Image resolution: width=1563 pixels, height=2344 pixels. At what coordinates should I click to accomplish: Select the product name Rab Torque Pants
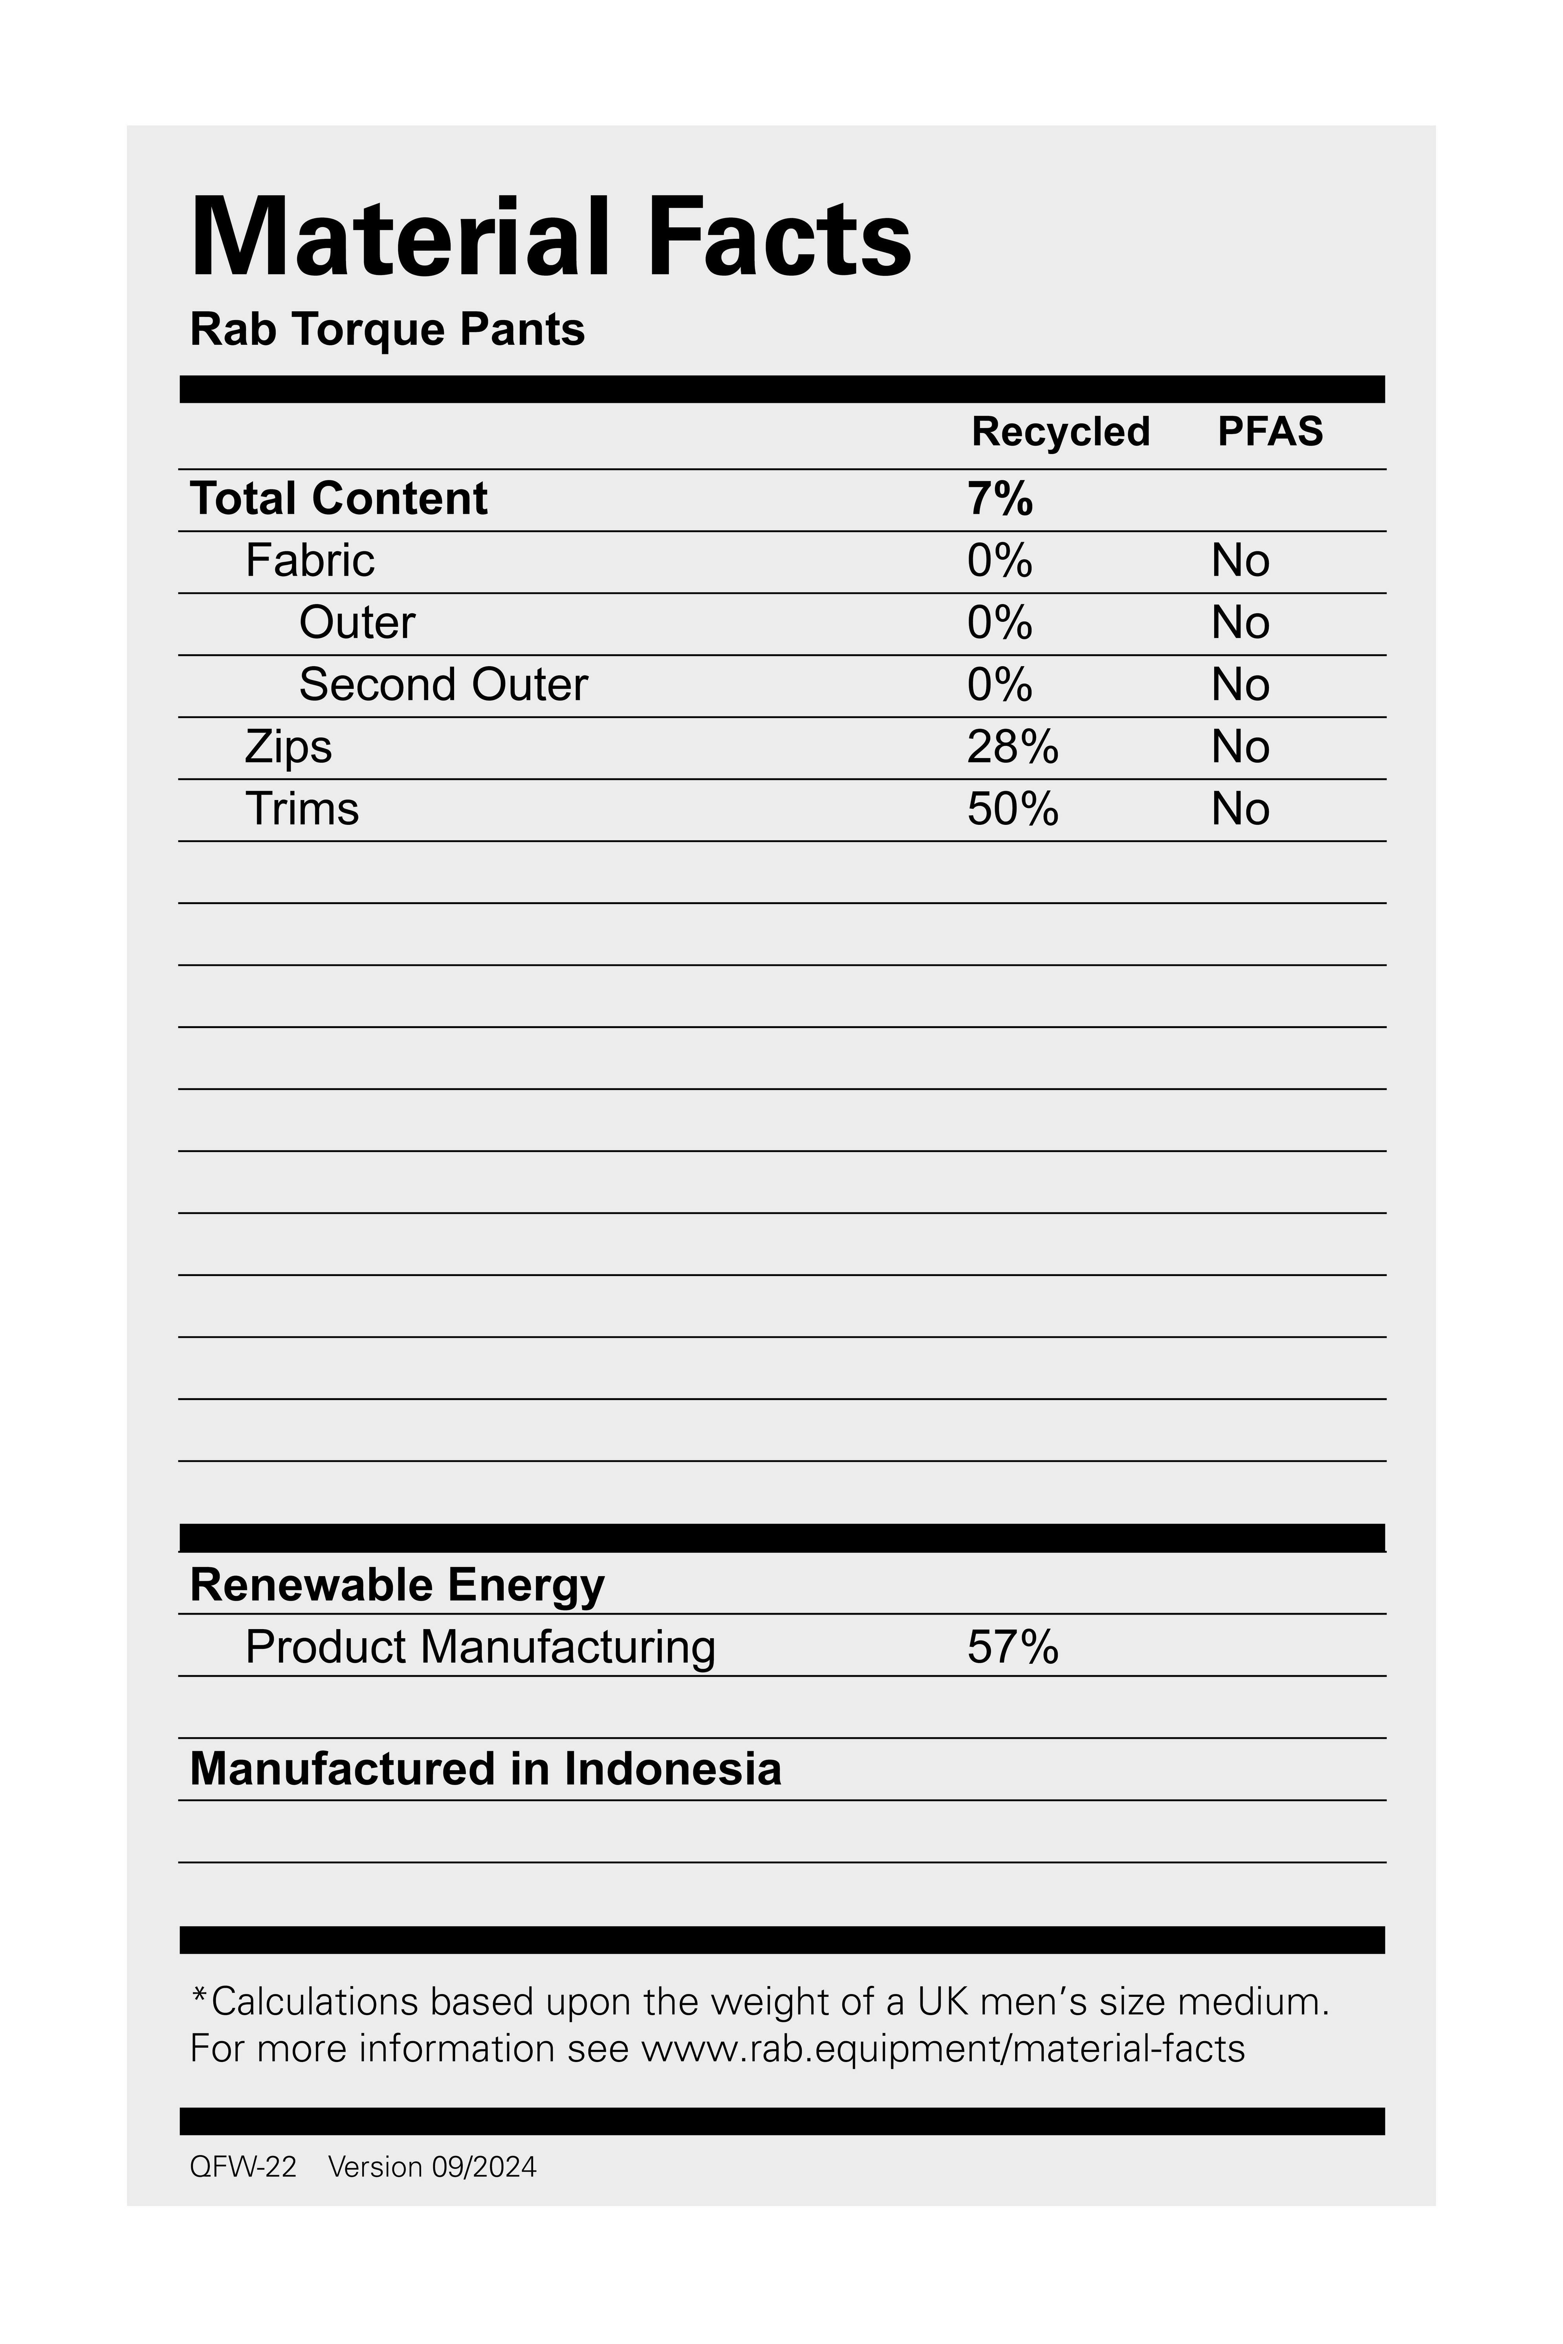pyautogui.click(x=387, y=330)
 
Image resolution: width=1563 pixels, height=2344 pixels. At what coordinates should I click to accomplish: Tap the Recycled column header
pyautogui.click(x=1061, y=432)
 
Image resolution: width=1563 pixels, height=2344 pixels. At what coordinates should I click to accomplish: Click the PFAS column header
pyautogui.click(x=1270, y=432)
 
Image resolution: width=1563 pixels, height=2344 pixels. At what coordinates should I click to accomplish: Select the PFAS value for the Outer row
pyautogui.click(x=1240, y=623)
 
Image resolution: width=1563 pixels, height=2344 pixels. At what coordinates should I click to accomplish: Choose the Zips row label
pyautogui.click(x=288, y=747)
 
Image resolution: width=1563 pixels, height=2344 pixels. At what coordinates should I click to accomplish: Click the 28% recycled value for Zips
pyautogui.click(x=1012, y=747)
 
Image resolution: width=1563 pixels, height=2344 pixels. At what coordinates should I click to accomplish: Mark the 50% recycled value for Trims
pyautogui.click(x=1012, y=808)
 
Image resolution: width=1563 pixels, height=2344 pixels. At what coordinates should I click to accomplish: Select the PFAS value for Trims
pyautogui.click(x=1240, y=808)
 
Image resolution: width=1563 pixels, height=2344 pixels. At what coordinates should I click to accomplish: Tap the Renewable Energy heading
pyautogui.click(x=397, y=1584)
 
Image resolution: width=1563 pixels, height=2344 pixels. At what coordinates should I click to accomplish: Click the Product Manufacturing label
pyautogui.click(x=480, y=1646)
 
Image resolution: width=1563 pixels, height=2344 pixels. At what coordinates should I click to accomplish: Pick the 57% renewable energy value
pyautogui.click(x=1012, y=1646)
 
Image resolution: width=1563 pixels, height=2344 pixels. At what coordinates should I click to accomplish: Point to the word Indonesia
pyautogui.click(x=672, y=1769)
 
